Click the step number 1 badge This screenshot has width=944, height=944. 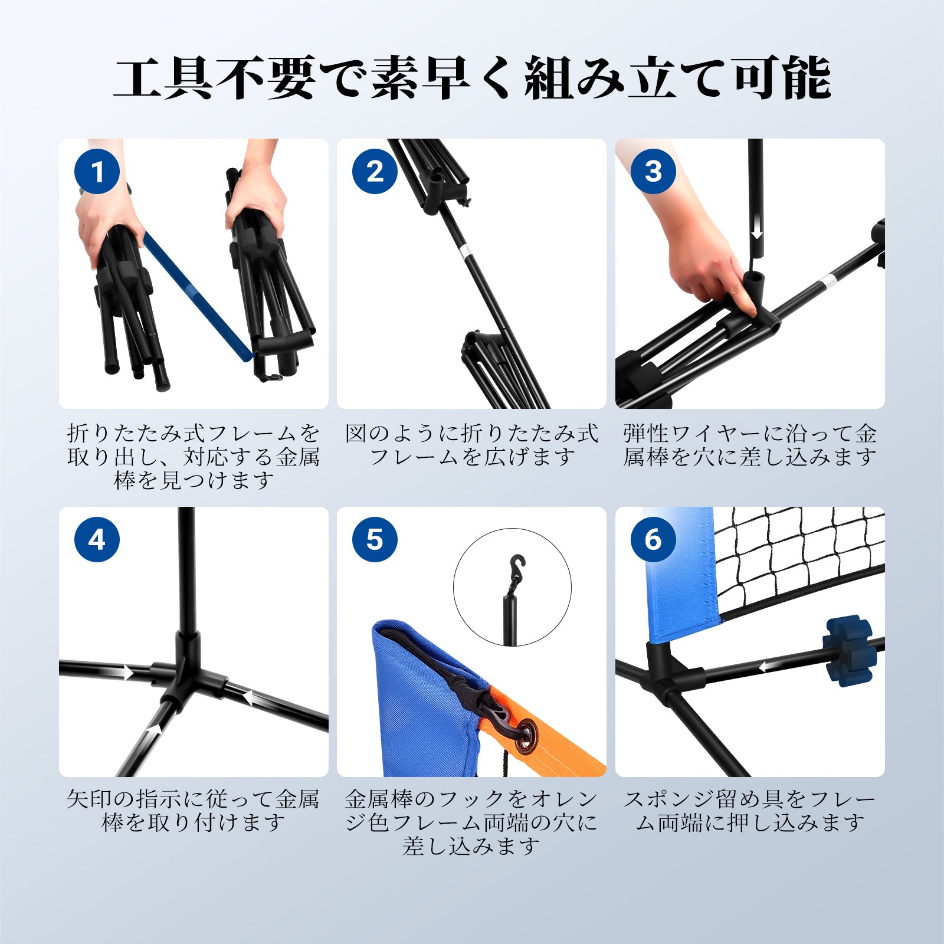[x=97, y=172]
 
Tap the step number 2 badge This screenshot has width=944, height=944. [x=375, y=172]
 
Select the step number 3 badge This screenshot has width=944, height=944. [x=653, y=172]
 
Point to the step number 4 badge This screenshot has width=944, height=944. [x=97, y=539]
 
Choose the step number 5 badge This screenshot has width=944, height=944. [x=375, y=539]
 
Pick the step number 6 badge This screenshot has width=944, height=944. [x=653, y=539]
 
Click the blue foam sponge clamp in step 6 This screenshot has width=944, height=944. [x=850, y=651]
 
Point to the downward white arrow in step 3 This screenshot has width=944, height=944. [x=757, y=227]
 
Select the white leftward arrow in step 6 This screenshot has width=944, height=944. [x=772, y=666]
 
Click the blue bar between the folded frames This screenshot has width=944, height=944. [x=198, y=297]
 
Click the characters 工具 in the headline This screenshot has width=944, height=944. [x=163, y=78]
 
